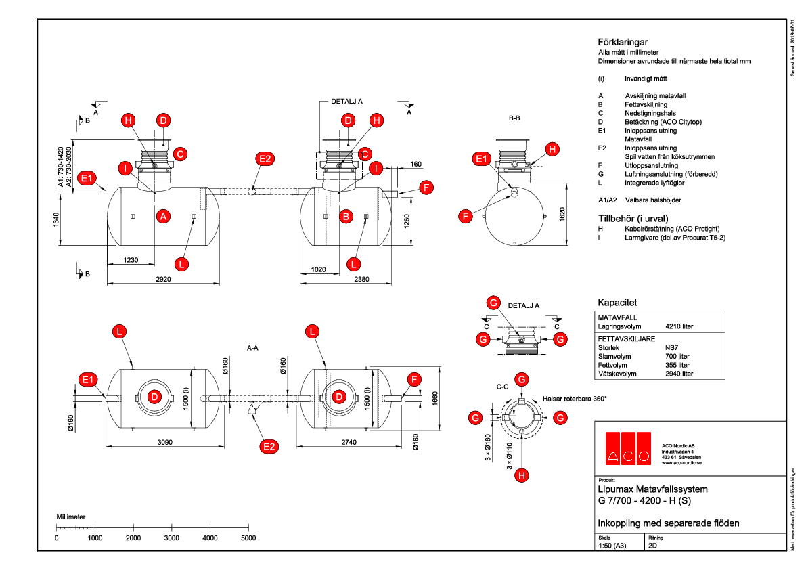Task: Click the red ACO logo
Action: (x=627, y=447)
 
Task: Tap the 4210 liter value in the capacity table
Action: (x=679, y=326)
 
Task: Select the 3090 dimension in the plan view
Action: (x=164, y=441)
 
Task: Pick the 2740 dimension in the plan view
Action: (x=344, y=441)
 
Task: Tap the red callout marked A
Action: (x=162, y=217)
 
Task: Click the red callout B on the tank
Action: (x=346, y=217)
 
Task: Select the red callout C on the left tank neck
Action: (x=181, y=154)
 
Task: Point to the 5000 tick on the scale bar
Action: (x=248, y=538)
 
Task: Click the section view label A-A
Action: (x=254, y=348)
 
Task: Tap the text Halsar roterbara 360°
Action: (x=575, y=399)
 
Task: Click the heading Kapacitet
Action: (x=617, y=302)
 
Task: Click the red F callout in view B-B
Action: (x=465, y=217)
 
